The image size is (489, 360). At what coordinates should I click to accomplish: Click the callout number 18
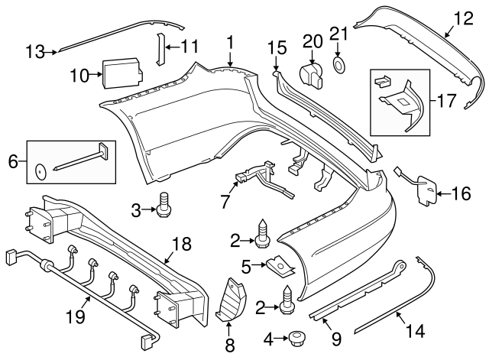click(x=181, y=244)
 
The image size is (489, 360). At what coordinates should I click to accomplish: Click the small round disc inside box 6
click(x=40, y=170)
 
